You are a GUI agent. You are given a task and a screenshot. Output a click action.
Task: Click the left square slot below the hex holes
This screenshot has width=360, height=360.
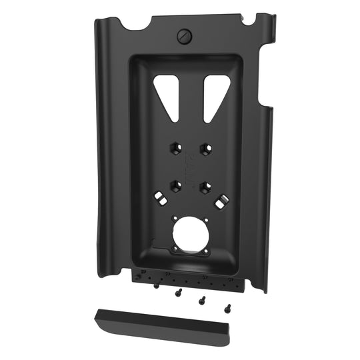pos(160,197)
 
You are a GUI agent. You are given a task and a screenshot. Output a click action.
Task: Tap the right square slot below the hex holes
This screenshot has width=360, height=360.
pos(221,199)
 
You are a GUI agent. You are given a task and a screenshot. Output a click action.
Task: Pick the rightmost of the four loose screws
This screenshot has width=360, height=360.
pos(227,307)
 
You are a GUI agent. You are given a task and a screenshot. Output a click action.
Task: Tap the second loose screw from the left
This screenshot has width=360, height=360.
pos(179,292)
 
